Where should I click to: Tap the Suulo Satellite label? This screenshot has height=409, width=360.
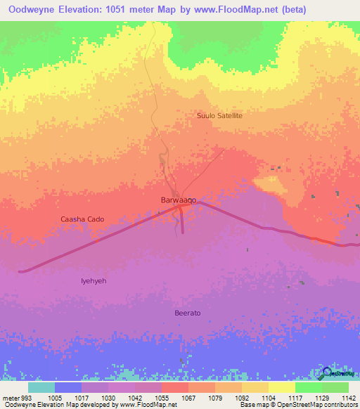click(x=220, y=115)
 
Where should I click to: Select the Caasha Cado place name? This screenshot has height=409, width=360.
click(x=82, y=219)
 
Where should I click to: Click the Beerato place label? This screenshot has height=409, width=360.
click(x=188, y=312)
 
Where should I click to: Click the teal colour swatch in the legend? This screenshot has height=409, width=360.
click(x=41, y=387)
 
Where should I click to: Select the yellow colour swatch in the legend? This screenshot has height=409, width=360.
click(x=282, y=387)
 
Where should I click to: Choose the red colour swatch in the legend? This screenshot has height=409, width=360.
click(x=175, y=387)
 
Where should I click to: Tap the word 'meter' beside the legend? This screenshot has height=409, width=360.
click(x=11, y=397)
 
